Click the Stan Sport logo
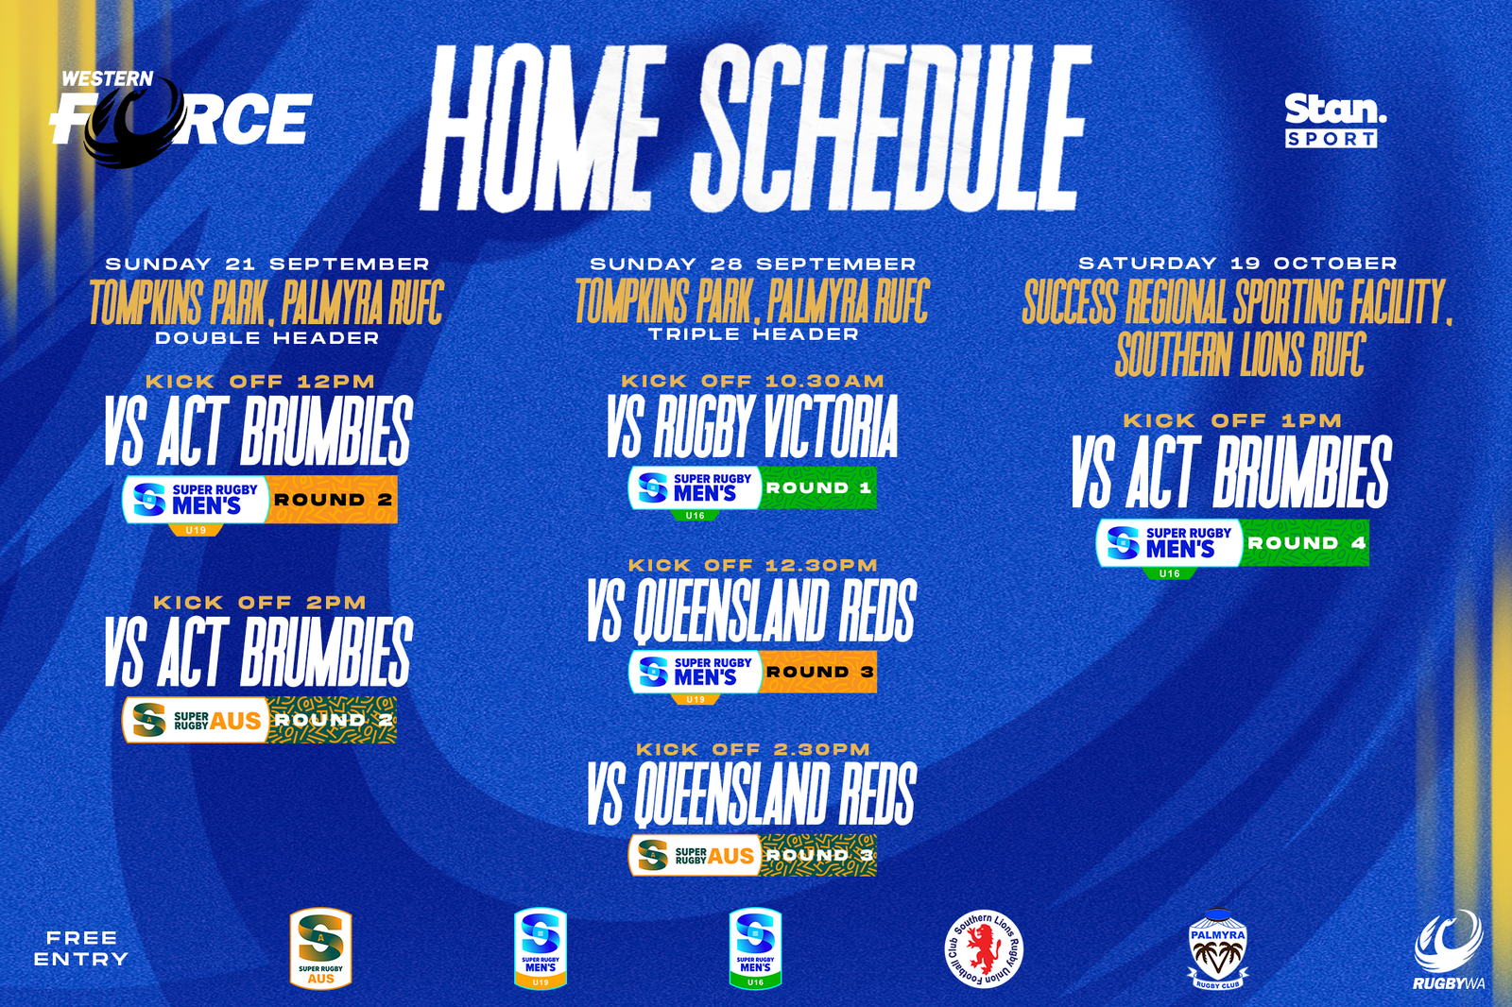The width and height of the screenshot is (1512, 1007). click(x=1334, y=120)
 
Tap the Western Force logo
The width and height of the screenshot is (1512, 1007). click(x=180, y=118)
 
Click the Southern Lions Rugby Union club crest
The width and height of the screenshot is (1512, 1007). click(x=984, y=949)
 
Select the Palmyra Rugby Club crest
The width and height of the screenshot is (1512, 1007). click(x=1217, y=949)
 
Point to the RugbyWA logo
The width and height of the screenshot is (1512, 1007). click(x=1449, y=950)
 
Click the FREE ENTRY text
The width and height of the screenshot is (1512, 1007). click(x=81, y=948)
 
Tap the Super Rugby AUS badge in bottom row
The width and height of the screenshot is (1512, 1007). click(x=320, y=948)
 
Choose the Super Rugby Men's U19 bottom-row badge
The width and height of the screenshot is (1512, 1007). click(x=541, y=948)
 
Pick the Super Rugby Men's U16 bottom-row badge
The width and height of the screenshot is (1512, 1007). click(x=755, y=948)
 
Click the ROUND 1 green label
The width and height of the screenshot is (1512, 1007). click(x=818, y=487)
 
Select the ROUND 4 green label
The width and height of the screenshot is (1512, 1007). click(x=1306, y=543)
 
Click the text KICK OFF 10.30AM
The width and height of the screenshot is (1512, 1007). click(x=753, y=381)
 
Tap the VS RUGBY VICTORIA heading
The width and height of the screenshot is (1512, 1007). click(x=752, y=427)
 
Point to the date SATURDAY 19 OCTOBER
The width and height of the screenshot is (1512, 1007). click(x=1238, y=263)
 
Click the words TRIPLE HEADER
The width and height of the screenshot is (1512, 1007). click(x=753, y=333)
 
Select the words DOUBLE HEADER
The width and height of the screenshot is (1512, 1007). click(x=267, y=337)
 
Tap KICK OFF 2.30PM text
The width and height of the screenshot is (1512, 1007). click(x=753, y=749)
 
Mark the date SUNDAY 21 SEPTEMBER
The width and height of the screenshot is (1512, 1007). click(x=267, y=264)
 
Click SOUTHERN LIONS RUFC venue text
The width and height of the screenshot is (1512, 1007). click(x=1240, y=354)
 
